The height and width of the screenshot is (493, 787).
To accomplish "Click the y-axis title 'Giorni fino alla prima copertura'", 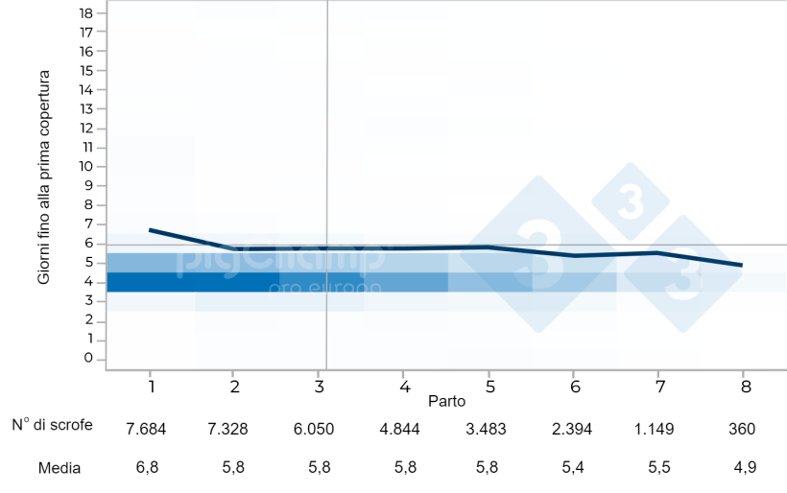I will tap(44, 185).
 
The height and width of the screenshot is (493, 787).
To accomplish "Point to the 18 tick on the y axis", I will tap(86, 12).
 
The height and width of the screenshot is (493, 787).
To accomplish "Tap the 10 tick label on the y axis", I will tap(86, 166).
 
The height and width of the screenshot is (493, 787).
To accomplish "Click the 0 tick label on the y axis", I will tap(88, 359).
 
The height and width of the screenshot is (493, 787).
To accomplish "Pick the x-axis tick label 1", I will tap(152, 385).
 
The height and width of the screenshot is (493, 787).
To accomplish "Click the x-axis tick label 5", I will tap(489, 385).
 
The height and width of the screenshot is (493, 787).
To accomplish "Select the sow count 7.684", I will tap(147, 429).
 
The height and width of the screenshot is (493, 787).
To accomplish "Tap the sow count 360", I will tap(743, 429).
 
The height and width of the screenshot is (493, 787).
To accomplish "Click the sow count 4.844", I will tap(400, 429).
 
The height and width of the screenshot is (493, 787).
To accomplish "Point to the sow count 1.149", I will tap(655, 429).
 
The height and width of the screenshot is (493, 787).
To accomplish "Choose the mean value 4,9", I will tap(743, 469).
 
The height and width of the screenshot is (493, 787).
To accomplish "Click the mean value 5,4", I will tap(574, 469).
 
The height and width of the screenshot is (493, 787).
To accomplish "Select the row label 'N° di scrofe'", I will tap(53, 426).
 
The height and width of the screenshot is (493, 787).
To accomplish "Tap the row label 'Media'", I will tap(60, 469).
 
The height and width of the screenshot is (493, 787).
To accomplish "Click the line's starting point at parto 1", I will tap(151, 230).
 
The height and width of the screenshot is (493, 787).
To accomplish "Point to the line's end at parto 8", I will tap(742, 265).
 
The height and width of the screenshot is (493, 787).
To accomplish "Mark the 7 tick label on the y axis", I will tap(88, 223).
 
